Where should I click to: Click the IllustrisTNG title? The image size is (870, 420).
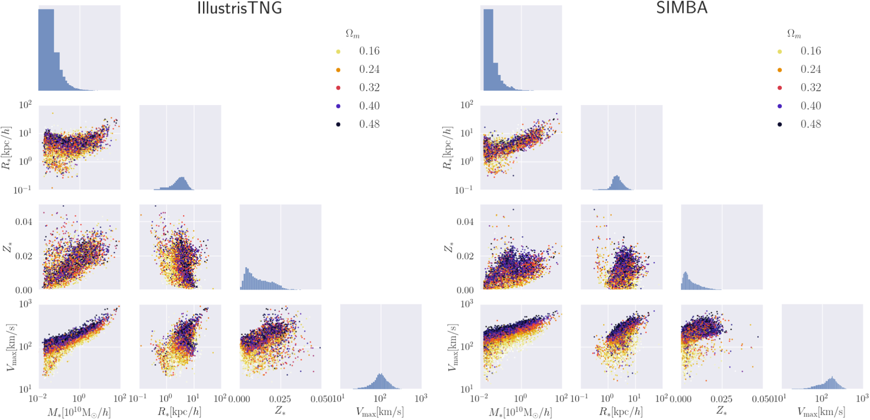[x=239, y=8]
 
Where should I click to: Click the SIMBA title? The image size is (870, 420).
[x=681, y=8]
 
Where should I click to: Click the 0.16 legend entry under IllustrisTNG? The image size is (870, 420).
[x=369, y=51]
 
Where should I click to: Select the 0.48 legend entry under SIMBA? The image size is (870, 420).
[x=810, y=124]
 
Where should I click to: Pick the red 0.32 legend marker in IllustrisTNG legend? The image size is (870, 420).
[x=338, y=88]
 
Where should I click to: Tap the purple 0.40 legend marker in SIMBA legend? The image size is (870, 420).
[x=780, y=106]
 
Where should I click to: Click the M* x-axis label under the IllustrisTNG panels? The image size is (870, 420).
[x=79, y=412]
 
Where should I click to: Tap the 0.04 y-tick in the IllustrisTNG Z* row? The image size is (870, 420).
[x=24, y=222]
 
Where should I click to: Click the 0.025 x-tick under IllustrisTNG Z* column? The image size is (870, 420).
[x=280, y=399]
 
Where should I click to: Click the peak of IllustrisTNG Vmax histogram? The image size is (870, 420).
[x=380, y=376]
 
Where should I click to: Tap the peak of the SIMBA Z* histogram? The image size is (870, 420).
[x=685, y=274]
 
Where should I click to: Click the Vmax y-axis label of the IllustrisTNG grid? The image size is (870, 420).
[x=11, y=347]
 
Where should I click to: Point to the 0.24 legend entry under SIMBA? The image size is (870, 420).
[x=810, y=70]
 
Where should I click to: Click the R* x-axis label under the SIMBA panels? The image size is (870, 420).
[x=621, y=412]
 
